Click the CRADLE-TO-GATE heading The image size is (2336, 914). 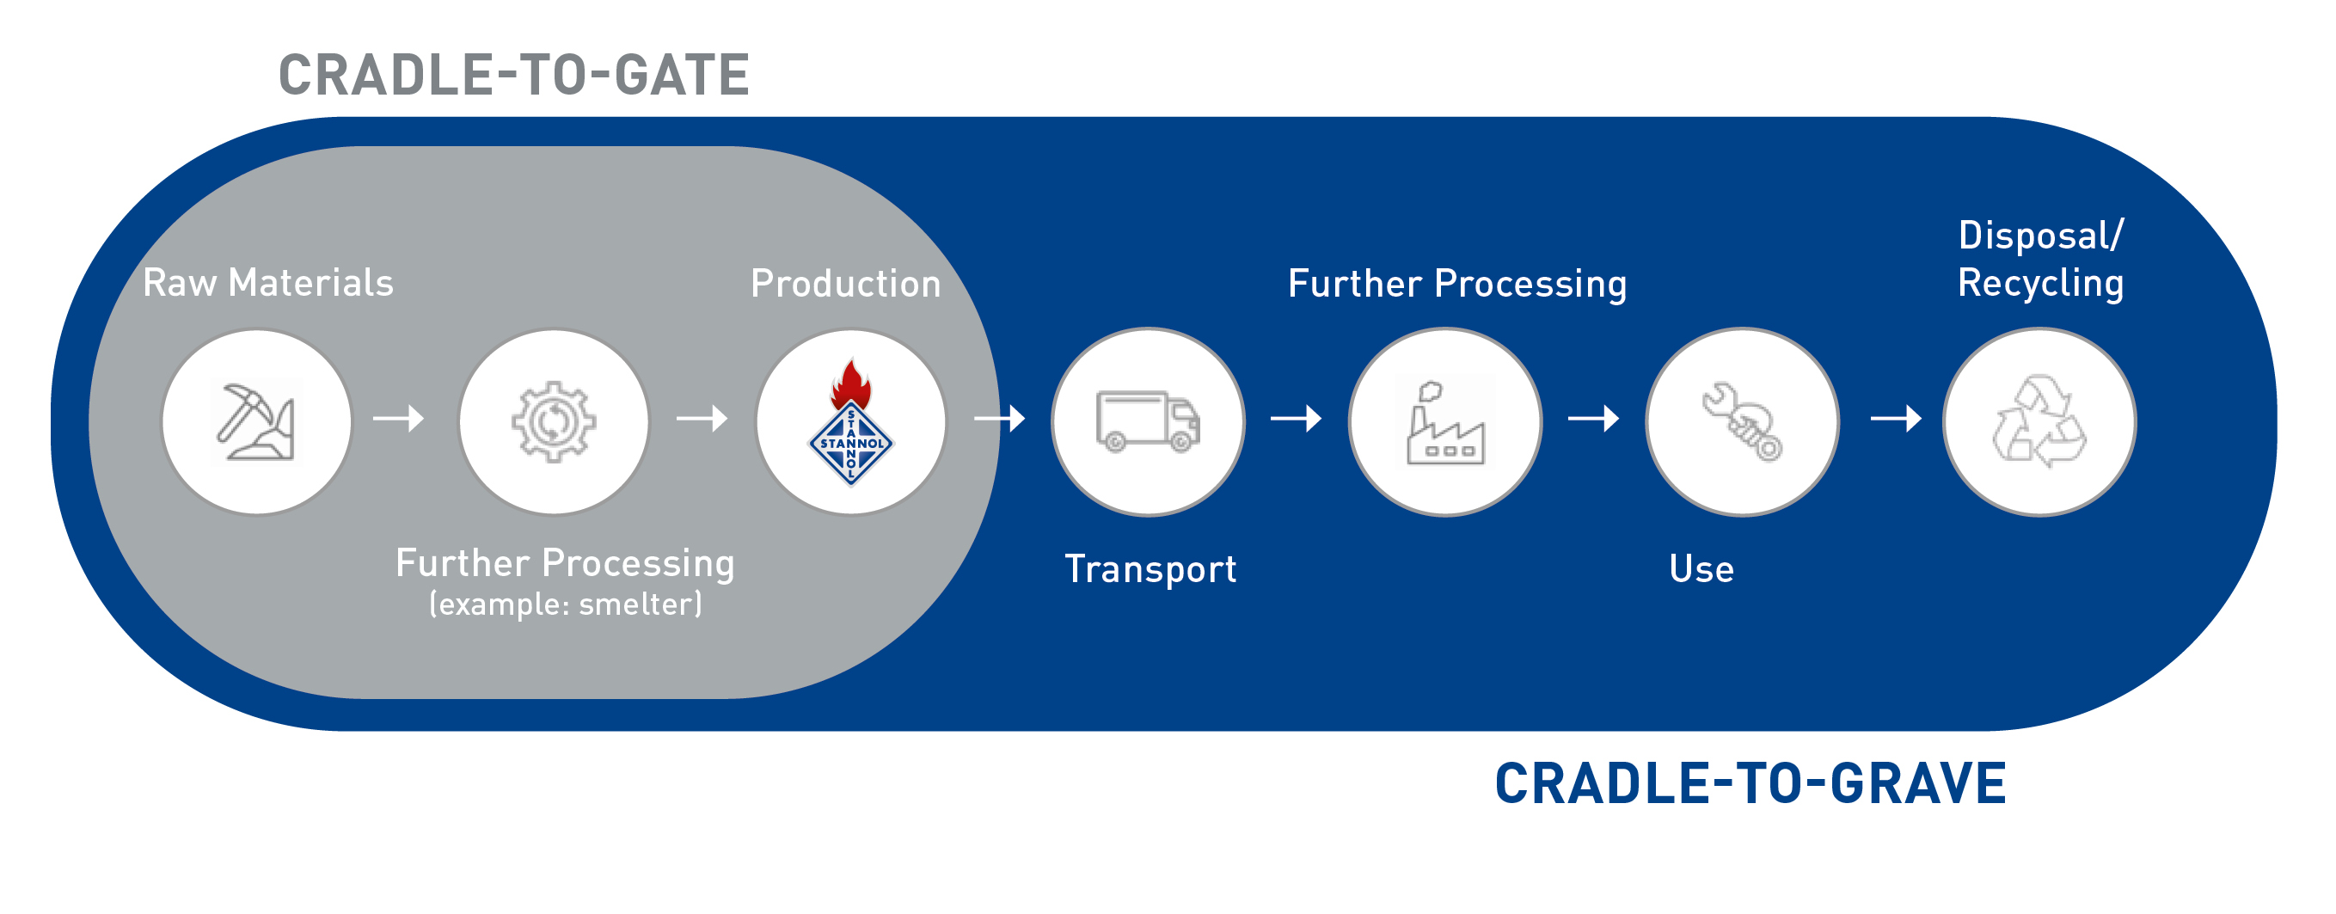click(513, 76)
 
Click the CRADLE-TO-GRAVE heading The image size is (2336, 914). click(1750, 784)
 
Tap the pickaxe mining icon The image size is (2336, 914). click(255, 421)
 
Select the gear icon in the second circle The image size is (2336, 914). click(553, 421)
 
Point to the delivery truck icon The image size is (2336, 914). click(1147, 421)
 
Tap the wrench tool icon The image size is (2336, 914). click(1741, 421)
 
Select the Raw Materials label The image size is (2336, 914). click(267, 283)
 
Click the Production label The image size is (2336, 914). click(845, 284)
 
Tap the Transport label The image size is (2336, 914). click(1150, 569)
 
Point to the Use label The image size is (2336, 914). click(1701, 569)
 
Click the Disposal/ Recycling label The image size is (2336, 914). click(2040, 260)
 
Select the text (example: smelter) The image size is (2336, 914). click(565, 604)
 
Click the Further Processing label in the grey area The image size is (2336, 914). click(565, 563)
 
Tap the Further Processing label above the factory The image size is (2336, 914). click(1456, 284)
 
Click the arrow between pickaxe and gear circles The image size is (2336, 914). click(399, 419)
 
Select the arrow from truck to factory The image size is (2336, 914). click(1296, 419)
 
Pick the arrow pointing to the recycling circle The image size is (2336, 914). click(1896, 419)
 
